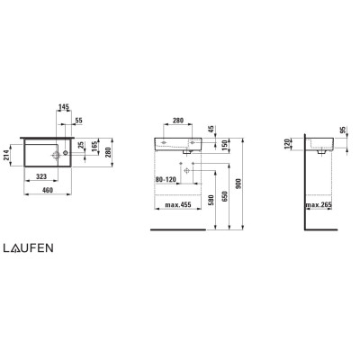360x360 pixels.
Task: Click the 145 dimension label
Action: [x=64, y=106]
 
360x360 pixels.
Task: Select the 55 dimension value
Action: [x=78, y=121]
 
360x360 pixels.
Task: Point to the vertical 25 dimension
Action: [x=81, y=145]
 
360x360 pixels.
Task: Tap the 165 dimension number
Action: [x=95, y=146]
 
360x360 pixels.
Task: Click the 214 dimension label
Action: [x=6, y=155]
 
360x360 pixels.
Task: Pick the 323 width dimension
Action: [x=41, y=176]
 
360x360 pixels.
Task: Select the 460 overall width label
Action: [x=48, y=190]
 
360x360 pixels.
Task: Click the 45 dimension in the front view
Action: [x=211, y=129]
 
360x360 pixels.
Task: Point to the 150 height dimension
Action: [x=225, y=146]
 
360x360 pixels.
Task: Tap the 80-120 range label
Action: [x=166, y=179]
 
